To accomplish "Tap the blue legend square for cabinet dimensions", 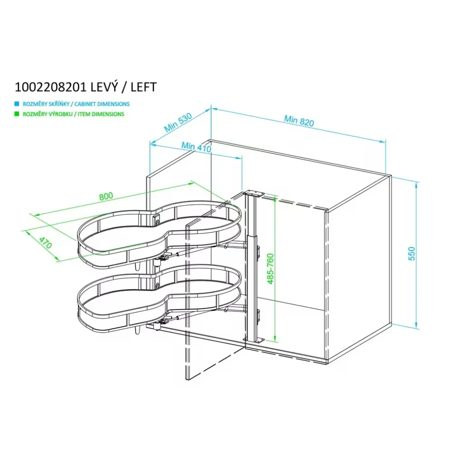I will (x=17, y=104).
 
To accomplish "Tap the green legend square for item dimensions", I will (x=17, y=114).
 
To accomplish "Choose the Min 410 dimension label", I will (x=196, y=147).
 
